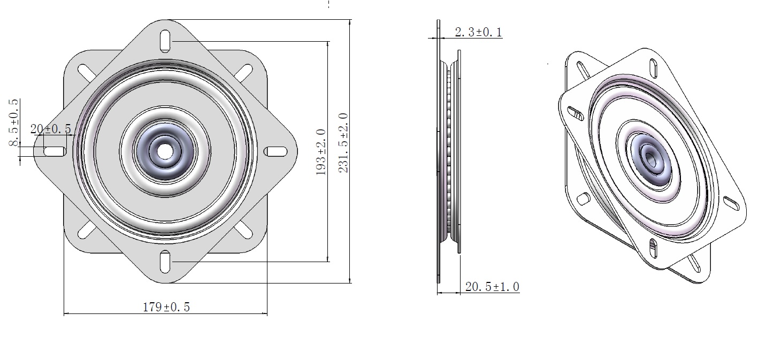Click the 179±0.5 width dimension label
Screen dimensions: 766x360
(166, 307)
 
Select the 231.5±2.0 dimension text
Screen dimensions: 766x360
(343, 143)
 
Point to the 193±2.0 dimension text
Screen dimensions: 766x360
(321, 152)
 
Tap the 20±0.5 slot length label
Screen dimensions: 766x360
(51, 129)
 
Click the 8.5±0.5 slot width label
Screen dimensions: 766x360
(14, 122)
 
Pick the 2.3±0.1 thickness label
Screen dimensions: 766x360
(478, 32)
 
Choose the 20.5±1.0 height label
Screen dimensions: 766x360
(493, 287)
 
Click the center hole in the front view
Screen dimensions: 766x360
(166, 151)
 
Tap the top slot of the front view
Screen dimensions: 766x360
(165, 41)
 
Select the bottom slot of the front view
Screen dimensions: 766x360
(165, 262)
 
